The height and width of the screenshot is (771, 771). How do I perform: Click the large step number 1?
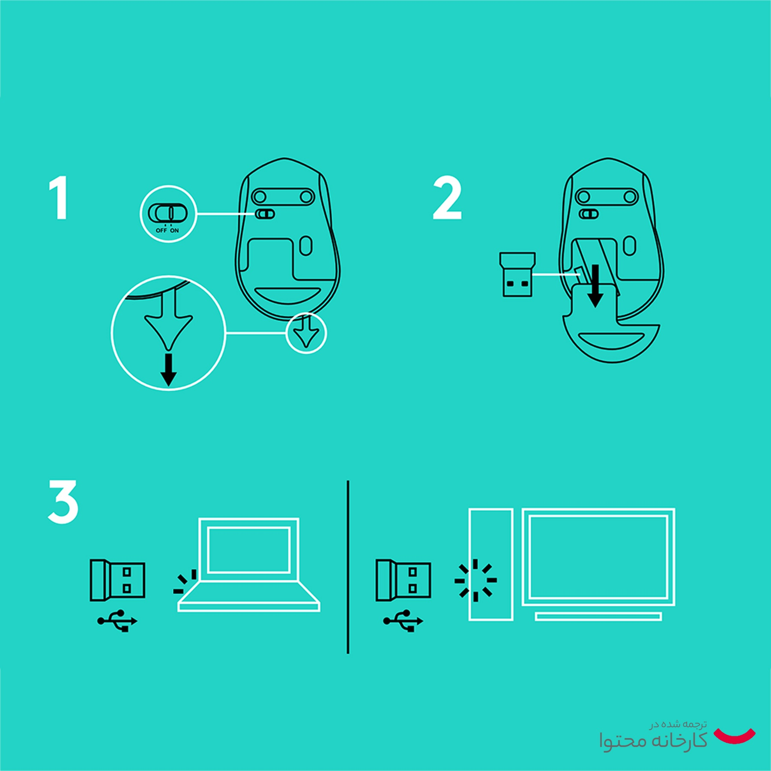[x=60, y=198]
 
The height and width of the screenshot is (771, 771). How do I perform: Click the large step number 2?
[x=447, y=198]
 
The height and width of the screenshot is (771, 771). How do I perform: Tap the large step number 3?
[x=63, y=501]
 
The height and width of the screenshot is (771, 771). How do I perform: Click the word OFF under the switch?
[x=161, y=230]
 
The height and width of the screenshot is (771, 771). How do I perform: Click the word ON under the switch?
[x=174, y=230]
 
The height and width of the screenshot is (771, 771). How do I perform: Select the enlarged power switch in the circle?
[x=167, y=213]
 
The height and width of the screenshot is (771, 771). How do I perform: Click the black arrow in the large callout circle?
[x=169, y=370]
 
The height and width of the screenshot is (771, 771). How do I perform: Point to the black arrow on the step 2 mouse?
[x=595, y=286]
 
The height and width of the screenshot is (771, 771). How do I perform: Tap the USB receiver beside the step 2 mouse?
[x=517, y=274]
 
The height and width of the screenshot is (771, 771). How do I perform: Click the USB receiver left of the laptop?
[x=117, y=580]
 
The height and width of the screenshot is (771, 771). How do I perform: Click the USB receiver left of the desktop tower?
[x=403, y=580]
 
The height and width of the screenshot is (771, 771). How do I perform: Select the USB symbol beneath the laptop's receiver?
[x=117, y=621]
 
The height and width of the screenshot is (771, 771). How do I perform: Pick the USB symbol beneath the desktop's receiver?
[x=403, y=621]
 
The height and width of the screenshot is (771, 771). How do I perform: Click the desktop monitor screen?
[x=598, y=557]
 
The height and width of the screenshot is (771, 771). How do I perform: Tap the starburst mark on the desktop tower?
[x=475, y=580]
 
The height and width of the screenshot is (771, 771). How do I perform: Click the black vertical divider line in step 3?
[x=348, y=567]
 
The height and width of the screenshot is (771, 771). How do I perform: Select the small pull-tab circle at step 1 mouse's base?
[x=306, y=333]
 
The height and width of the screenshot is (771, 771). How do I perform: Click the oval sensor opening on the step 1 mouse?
[x=306, y=246]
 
